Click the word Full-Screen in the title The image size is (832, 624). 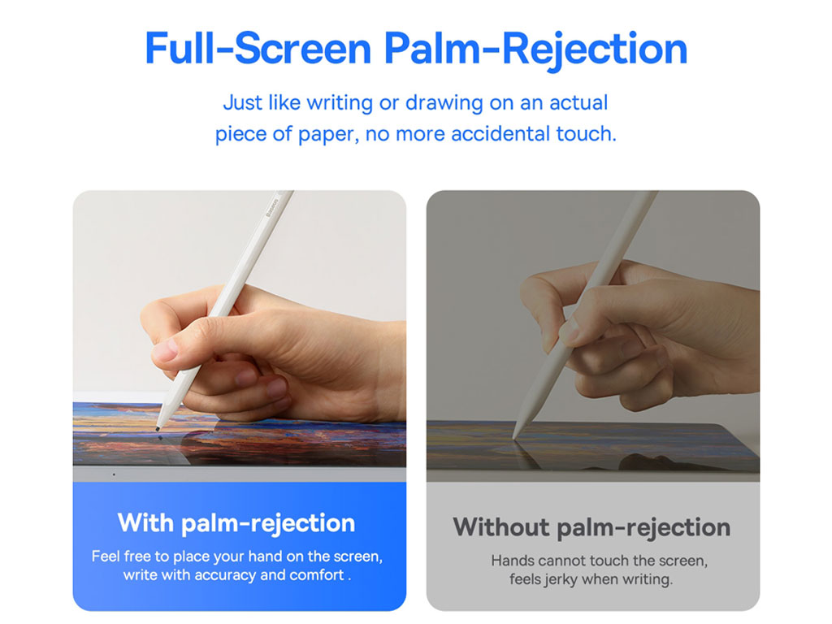(x=258, y=48)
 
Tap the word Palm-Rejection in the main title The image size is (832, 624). (x=536, y=50)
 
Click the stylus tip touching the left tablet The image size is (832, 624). (x=158, y=428)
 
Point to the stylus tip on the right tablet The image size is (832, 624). (x=514, y=436)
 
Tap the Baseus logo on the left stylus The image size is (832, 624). (x=271, y=207)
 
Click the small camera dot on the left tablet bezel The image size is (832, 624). (x=114, y=474)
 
